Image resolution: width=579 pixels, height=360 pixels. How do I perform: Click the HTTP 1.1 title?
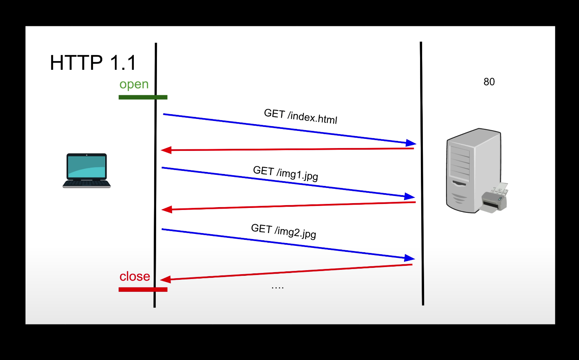(93, 63)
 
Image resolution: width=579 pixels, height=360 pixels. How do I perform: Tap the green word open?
(134, 84)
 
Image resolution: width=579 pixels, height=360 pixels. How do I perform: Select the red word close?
(135, 276)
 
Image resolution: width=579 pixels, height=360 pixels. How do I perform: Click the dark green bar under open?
(143, 97)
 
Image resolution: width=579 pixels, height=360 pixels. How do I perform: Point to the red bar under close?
(143, 289)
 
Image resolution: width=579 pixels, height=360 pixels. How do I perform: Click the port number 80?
(489, 82)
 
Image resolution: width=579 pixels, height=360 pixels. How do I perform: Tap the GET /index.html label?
(301, 116)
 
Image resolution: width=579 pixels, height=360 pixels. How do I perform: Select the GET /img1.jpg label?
(286, 173)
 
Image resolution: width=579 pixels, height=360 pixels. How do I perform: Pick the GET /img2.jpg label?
(284, 231)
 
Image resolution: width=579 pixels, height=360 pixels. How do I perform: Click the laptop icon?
(87, 170)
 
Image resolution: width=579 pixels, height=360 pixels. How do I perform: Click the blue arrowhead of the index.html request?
(411, 143)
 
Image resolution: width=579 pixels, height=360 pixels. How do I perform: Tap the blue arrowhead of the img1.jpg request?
(410, 196)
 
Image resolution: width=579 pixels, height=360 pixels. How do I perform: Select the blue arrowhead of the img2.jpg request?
(410, 258)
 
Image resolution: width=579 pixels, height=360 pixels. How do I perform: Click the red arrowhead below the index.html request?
(166, 150)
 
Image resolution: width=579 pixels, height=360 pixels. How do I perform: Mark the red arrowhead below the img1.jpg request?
(167, 210)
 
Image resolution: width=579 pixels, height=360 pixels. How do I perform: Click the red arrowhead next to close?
(165, 279)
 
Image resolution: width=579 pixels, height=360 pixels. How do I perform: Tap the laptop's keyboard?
(87, 184)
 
